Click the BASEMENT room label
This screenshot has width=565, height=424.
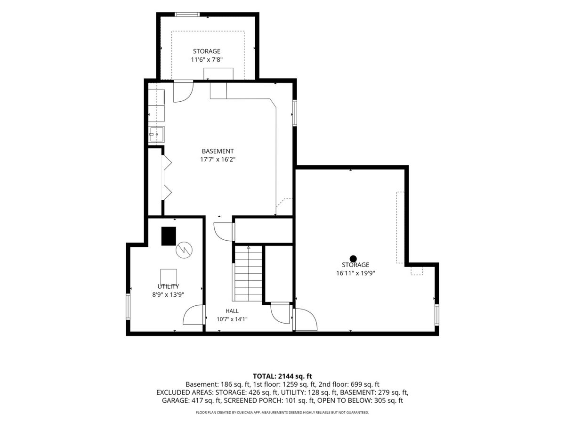(218, 151)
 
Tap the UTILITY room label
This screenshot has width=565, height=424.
(168, 286)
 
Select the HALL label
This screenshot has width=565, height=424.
(232, 311)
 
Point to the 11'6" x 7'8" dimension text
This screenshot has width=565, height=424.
(206, 60)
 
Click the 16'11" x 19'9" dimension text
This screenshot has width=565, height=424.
(355, 273)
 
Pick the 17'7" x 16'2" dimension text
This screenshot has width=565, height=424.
(218, 160)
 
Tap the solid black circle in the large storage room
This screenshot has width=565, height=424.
(353, 259)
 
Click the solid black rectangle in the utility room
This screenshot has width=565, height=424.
(169, 236)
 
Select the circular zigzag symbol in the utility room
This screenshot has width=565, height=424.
(184, 250)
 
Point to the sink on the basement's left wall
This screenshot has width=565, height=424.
(156, 134)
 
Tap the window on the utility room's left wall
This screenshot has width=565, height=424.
(128, 307)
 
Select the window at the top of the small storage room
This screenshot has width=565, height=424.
(187, 15)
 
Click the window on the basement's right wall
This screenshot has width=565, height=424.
(295, 113)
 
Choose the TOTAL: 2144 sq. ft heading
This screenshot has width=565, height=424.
(282, 376)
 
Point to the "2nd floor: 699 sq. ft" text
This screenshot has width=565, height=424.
(349, 384)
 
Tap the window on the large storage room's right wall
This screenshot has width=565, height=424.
(437, 315)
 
